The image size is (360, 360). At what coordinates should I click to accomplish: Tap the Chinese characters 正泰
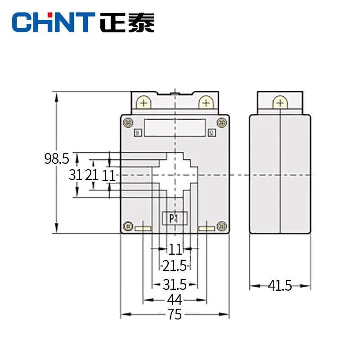click(x=127, y=22)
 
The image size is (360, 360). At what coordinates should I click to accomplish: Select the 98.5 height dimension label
click(x=56, y=158)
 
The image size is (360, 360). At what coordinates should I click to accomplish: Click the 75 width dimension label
click(x=175, y=314)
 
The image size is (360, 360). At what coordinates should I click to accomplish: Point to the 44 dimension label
click(x=175, y=300)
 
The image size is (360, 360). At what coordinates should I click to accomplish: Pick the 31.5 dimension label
click(x=175, y=284)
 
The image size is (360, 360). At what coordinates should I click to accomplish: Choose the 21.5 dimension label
click(x=175, y=266)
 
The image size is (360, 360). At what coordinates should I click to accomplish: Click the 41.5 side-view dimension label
click(x=280, y=285)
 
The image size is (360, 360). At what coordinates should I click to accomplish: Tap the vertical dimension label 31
click(x=75, y=175)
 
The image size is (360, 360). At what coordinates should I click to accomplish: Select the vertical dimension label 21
click(x=92, y=175)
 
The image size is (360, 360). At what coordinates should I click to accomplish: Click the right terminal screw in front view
click(x=205, y=103)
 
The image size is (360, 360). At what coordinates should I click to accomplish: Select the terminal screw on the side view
click(x=280, y=103)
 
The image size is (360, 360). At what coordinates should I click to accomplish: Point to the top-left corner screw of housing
click(x=128, y=122)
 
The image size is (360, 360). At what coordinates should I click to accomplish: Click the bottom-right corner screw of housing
click(x=221, y=226)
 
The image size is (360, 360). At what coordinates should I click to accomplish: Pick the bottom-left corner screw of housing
click(x=128, y=226)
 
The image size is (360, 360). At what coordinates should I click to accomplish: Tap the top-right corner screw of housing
click(x=221, y=122)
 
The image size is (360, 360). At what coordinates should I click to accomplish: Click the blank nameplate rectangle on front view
click(x=175, y=127)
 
